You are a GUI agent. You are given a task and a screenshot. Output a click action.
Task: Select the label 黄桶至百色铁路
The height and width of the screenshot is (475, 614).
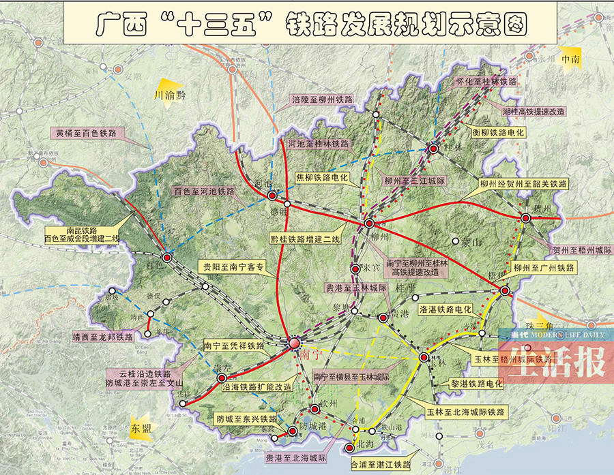coord(86,133)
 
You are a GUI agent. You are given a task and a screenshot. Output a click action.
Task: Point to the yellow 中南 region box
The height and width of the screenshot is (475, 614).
coord(570,59)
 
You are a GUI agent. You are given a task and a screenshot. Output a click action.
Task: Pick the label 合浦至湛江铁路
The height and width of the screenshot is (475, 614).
coord(381,464)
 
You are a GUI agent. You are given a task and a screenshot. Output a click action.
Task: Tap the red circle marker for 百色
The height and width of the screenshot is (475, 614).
coord(167,256)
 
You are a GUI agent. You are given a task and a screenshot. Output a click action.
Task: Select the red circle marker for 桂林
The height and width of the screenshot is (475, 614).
coord(433,148)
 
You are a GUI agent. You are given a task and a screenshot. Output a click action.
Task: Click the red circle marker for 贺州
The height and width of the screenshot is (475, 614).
coord(525,217)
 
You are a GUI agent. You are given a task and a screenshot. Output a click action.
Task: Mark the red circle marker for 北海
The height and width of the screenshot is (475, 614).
coord(350,447)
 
